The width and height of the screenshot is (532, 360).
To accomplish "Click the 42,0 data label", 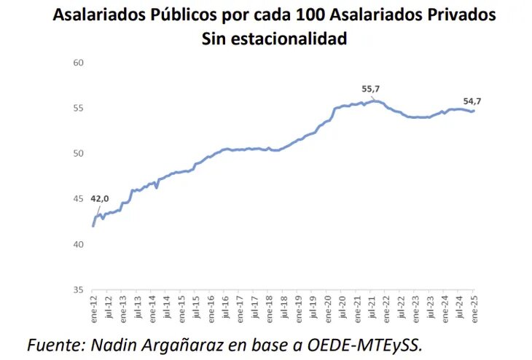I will point(99,198).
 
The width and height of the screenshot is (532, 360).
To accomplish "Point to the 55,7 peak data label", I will point(372,89).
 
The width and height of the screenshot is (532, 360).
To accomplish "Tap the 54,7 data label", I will point(473,101).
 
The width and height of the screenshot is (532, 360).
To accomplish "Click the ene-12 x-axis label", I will point(93,310).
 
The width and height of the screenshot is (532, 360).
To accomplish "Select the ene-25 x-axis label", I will point(475,310).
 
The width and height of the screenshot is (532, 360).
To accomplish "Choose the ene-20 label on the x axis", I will point(328,310).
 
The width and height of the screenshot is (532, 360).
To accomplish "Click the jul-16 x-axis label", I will point(225,310).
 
